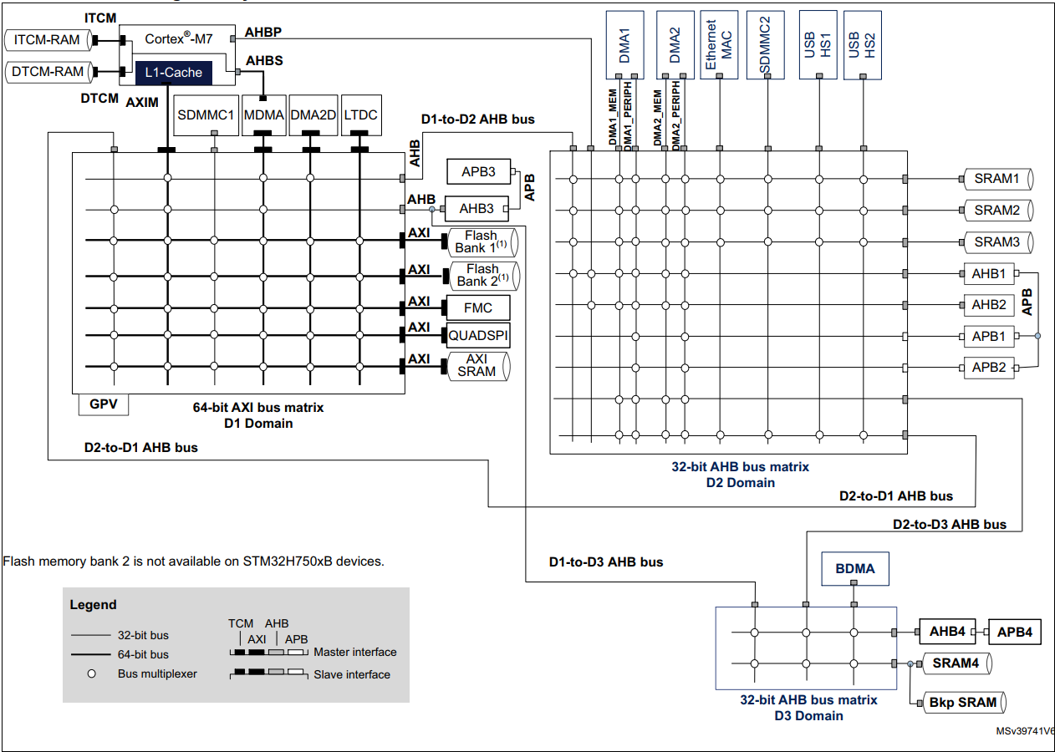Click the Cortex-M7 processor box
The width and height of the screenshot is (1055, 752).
(177, 39)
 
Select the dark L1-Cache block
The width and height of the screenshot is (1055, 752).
(173, 73)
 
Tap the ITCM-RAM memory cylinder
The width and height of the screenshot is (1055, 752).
(48, 39)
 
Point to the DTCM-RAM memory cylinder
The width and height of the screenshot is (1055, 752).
(48, 72)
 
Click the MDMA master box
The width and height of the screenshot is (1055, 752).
(263, 115)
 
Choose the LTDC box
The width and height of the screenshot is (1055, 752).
(360, 115)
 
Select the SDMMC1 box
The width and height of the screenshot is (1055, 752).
(206, 115)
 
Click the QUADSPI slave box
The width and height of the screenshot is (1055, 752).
(478, 335)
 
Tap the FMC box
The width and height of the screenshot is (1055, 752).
(478, 307)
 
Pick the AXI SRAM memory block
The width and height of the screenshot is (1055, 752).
(479, 365)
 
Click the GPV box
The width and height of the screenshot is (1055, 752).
(104, 405)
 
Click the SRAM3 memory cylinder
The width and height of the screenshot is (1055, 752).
(996, 242)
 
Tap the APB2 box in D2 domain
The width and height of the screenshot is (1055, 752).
(989, 367)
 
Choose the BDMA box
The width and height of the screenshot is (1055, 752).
(854, 569)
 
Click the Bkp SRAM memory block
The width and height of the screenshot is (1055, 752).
(963, 703)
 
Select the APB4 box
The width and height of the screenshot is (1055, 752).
(1014, 632)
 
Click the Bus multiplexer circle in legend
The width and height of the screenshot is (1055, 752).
(92, 673)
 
